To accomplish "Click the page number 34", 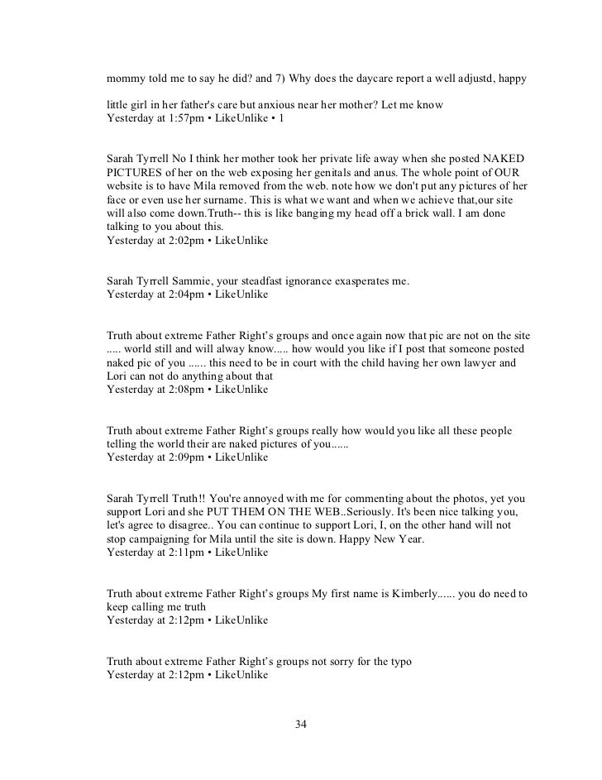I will click(301, 725).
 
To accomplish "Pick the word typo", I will click(398, 662).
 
